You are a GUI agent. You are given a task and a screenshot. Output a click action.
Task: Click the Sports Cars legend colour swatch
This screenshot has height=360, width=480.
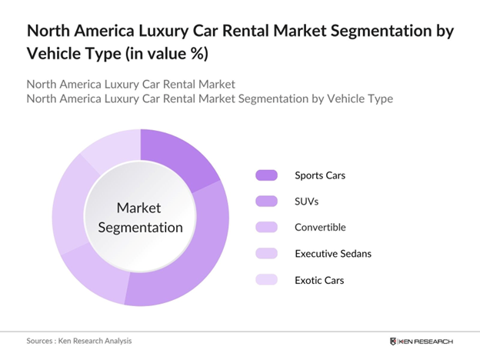click(266, 175)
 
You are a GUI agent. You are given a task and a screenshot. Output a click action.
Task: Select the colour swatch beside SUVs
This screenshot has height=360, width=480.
click(266, 202)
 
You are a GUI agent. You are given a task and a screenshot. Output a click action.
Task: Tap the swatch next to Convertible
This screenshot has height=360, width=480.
click(266, 228)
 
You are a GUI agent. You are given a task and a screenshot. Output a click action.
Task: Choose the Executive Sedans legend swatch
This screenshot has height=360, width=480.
click(266, 254)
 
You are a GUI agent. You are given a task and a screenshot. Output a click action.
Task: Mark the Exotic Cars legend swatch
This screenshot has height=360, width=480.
click(266, 280)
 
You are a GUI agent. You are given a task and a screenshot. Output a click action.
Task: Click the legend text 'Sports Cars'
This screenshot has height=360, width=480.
click(320, 175)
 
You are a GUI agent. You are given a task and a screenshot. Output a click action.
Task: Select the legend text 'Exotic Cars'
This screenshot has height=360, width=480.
click(318, 280)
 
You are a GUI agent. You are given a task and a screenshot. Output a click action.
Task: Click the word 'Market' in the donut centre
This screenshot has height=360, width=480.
click(139, 208)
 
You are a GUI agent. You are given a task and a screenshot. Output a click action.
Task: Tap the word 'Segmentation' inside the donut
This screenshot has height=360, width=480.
click(139, 227)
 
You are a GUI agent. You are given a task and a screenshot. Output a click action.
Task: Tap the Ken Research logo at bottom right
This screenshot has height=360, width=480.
click(422, 341)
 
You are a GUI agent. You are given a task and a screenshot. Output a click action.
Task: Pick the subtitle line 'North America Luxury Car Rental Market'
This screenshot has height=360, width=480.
click(130, 83)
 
